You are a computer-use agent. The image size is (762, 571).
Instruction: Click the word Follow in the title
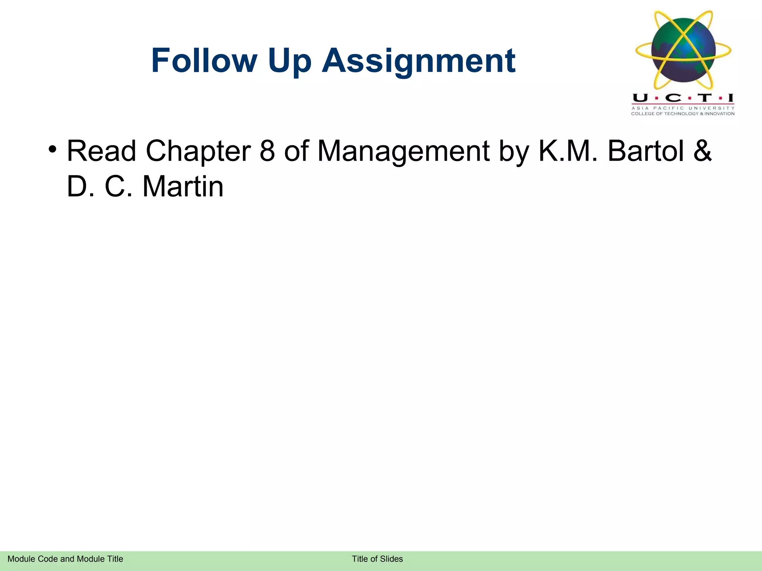click(204, 61)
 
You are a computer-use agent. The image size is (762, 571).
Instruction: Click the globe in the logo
click(683, 50)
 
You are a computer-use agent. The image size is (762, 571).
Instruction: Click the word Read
click(101, 151)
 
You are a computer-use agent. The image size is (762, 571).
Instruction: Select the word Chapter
click(198, 152)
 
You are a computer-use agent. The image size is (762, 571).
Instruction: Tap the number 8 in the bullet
click(267, 151)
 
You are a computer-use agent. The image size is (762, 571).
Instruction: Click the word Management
click(403, 152)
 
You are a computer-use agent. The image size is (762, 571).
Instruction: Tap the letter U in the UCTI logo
click(640, 98)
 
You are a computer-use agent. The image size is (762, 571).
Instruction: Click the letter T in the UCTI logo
click(704, 98)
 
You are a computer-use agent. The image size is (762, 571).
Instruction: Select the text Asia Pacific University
click(683, 108)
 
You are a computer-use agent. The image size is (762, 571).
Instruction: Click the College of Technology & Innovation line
click(683, 114)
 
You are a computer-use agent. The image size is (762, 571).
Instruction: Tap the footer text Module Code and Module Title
click(65, 559)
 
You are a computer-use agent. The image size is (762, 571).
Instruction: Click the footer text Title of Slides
click(377, 559)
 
